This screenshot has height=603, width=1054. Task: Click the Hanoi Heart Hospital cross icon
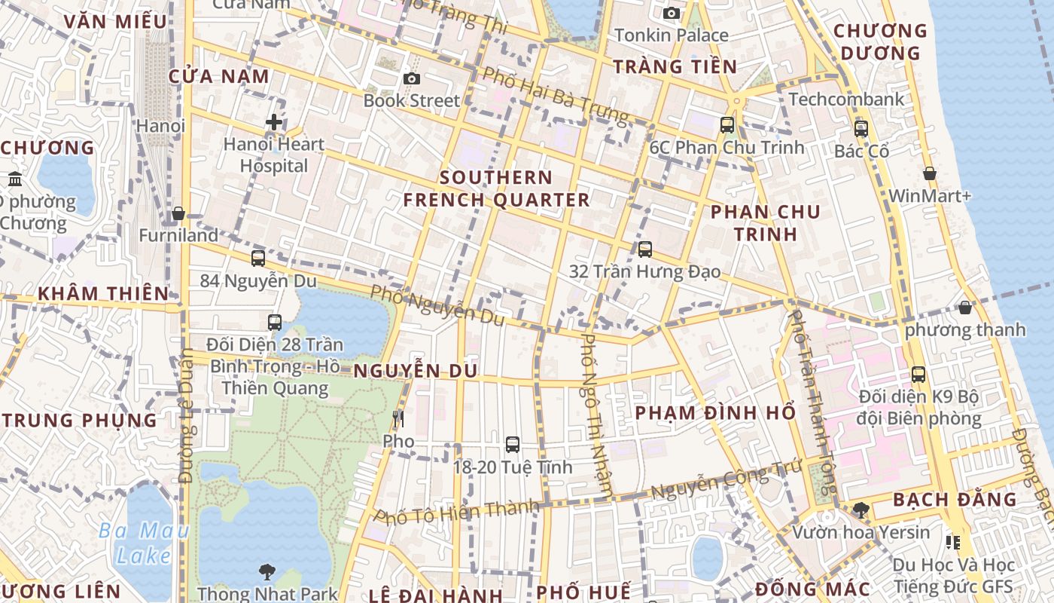click(x=274, y=121)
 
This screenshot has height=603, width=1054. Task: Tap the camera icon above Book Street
click(x=411, y=78)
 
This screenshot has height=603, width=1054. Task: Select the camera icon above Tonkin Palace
click(x=672, y=13)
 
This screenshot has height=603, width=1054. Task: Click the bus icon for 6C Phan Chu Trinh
click(x=727, y=125)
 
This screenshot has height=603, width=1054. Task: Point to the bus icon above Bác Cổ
click(x=861, y=129)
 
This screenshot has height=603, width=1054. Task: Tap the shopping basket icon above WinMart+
click(x=930, y=173)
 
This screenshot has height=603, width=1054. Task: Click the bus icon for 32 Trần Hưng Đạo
click(x=645, y=249)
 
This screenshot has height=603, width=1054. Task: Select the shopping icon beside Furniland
click(x=178, y=214)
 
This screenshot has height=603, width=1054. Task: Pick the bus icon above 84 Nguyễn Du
click(x=258, y=259)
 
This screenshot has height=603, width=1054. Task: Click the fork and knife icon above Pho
click(x=398, y=419)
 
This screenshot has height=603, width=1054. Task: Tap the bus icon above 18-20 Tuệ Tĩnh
click(x=513, y=445)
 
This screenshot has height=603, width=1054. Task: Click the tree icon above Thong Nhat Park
click(x=267, y=571)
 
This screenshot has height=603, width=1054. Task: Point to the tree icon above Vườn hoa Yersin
click(x=861, y=510)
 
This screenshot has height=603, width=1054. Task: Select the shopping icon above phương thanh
click(x=965, y=308)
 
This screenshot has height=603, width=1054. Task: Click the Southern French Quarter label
click(x=496, y=188)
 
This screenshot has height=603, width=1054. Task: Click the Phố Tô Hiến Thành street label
click(x=457, y=513)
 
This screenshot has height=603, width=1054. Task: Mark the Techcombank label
click(x=846, y=99)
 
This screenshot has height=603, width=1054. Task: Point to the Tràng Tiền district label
click(x=675, y=66)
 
